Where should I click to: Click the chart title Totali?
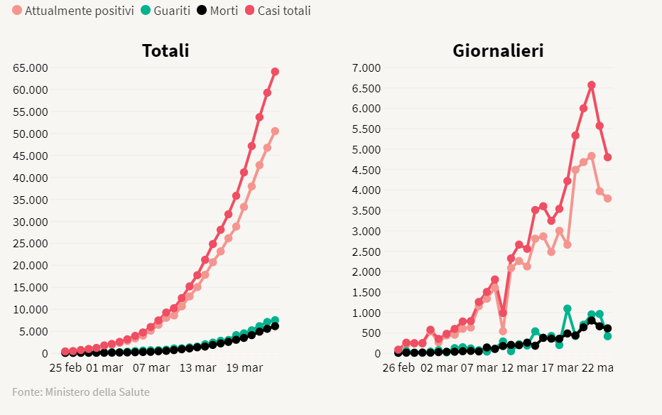click(x=165, y=51)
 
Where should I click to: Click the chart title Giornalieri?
click(x=498, y=51)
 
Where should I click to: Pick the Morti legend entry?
click(x=218, y=11)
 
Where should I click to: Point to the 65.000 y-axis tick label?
click(x=30, y=68)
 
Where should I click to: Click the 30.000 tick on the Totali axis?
click(x=30, y=222)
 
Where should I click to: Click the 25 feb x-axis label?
click(x=65, y=368)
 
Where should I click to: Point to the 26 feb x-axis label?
click(x=398, y=368)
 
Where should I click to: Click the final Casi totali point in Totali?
click(x=275, y=71)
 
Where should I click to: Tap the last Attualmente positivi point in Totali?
click(x=275, y=131)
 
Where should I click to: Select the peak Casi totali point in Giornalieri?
click(x=592, y=85)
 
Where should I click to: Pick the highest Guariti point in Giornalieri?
click(x=568, y=309)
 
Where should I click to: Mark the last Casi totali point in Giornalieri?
click(x=608, y=157)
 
